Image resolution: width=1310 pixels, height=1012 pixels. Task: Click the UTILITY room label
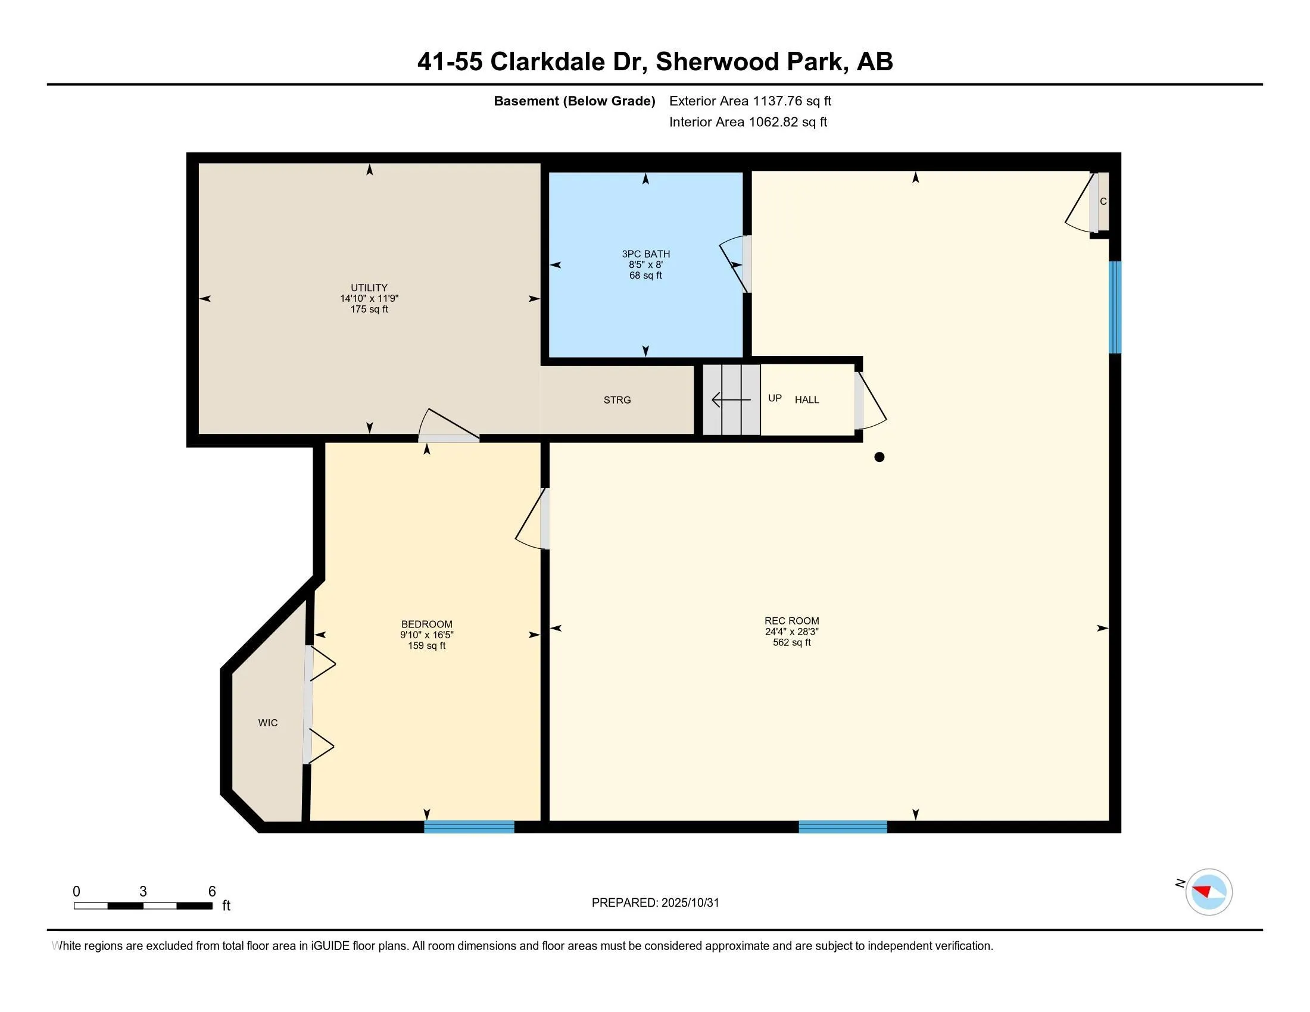[x=369, y=287]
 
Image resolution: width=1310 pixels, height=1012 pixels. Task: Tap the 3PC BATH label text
[x=645, y=254]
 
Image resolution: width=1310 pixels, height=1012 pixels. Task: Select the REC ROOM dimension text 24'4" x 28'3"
[x=791, y=631]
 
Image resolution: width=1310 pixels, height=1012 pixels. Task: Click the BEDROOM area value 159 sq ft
[x=426, y=646]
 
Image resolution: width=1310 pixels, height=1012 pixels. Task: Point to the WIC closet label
[x=267, y=723]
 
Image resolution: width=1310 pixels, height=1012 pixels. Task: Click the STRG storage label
[x=617, y=400]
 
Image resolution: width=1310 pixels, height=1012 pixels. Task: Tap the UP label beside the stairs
[x=774, y=398]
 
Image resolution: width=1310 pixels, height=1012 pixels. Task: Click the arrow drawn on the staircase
[x=731, y=399]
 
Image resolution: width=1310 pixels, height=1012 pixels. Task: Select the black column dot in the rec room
[x=879, y=457]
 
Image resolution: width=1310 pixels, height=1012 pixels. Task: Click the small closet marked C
[x=1102, y=202]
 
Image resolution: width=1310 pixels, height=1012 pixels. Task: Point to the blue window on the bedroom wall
[x=469, y=827]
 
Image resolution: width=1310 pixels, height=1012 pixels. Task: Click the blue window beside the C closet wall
[x=1115, y=307]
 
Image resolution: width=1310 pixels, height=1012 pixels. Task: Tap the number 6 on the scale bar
[x=211, y=892]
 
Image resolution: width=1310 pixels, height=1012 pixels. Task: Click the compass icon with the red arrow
[x=1208, y=892]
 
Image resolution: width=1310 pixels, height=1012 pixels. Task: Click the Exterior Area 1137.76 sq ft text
[x=750, y=101]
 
